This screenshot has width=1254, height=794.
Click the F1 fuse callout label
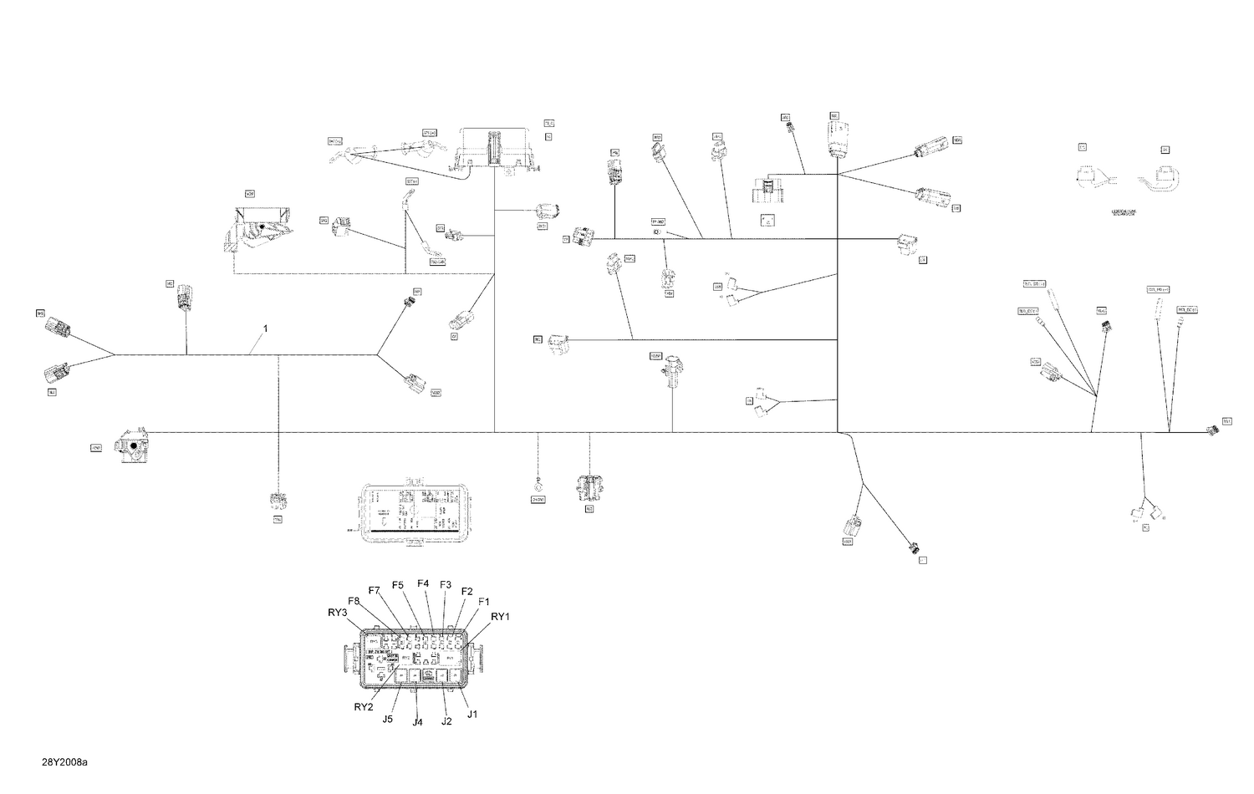point(483,602)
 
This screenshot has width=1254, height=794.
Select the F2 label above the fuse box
point(467,592)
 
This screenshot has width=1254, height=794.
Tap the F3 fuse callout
point(446,584)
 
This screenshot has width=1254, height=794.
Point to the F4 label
point(423,583)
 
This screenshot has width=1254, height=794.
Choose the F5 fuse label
point(397,584)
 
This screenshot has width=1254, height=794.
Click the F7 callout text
point(374,591)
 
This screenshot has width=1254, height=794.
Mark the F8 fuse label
point(354,601)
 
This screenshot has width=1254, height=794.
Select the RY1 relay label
point(500,617)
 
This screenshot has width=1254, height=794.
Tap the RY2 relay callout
point(364,706)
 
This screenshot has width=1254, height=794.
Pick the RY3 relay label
point(337,613)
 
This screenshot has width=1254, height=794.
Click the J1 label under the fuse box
point(472,714)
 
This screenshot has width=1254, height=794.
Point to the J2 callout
point(446,721)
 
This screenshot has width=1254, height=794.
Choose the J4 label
point(417,722)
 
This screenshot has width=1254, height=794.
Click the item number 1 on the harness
point(266,329)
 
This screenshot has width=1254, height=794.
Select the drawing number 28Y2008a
point(65,762)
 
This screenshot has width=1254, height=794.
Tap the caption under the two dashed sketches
point(1124,213)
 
